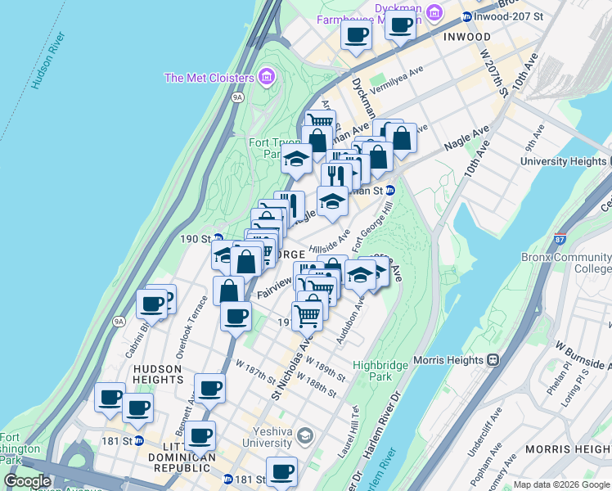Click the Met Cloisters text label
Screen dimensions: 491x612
[x=209, y=79]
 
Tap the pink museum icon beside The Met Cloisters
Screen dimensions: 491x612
[x=265, y=78]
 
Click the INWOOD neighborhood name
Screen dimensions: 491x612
[x=467, y=38]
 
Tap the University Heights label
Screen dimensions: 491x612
[x=565, y=162]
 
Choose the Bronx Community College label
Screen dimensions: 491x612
[x=566, y=263]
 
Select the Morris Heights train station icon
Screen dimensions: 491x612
[x=493, y=359]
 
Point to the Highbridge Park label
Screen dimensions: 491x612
[x=372, y=371]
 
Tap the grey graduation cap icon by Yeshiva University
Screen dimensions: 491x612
[x=305, y=434]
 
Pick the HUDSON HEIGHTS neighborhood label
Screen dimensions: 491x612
[x=157, y=375]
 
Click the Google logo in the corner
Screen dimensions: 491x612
[x=28, y=482]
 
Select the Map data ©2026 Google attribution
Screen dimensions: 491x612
[x=561, y=484]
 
